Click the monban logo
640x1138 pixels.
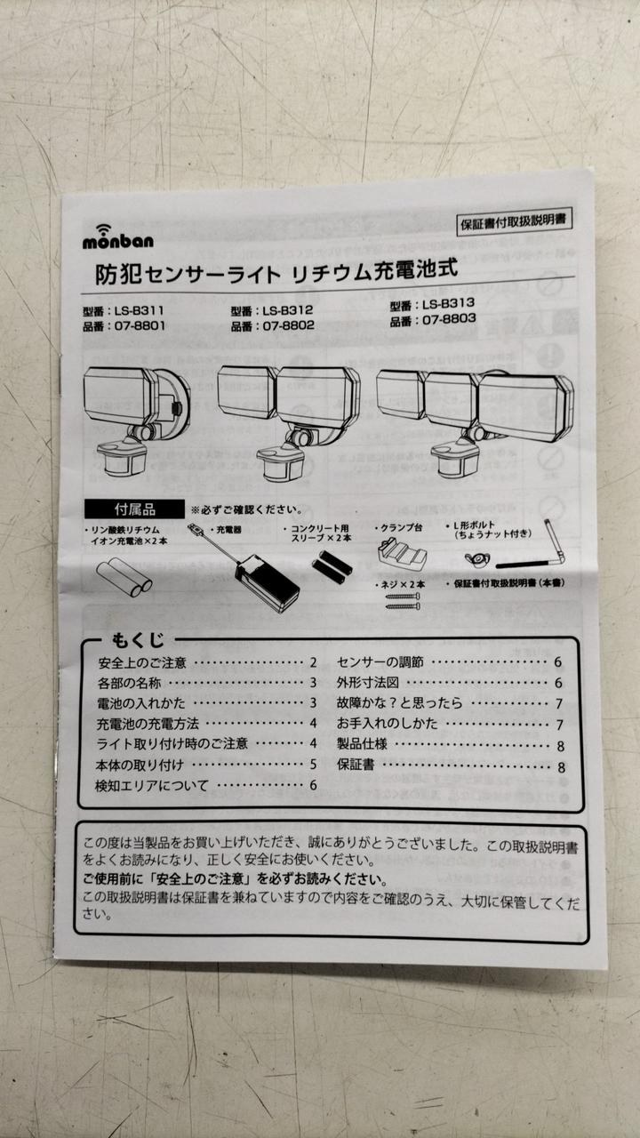point(118,236)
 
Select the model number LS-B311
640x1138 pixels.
point(139,310)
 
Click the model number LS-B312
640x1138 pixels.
point(287,310)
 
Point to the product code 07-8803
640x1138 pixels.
point(449,319)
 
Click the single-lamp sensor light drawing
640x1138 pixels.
point(136,420)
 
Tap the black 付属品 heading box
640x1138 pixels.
point(134,509)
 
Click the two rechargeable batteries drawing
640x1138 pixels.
point(124,577)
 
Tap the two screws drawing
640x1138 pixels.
point(403,600)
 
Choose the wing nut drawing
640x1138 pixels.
point(477,560)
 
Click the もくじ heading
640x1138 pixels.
point(138,640)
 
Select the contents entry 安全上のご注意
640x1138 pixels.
point(142,663)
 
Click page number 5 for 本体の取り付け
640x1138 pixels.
point(314,764)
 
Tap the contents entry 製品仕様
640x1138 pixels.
point(362,744)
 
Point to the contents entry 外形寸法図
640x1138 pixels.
point(368,682)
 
